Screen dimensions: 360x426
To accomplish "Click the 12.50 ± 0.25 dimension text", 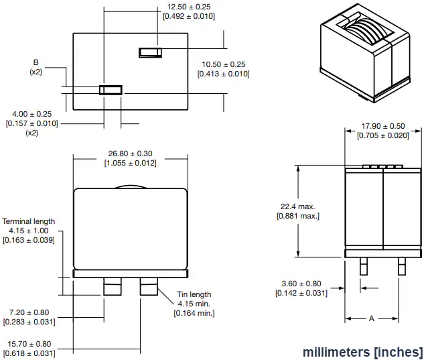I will point(190,6).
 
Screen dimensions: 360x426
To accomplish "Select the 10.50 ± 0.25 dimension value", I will point(223,64).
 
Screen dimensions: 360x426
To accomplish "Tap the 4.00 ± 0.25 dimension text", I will point(32,114).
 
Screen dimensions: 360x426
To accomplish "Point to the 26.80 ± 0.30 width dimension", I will point(131,154).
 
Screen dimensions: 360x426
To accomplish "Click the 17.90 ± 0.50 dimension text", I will point(383,126).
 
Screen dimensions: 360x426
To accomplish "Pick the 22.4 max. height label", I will point(297,206).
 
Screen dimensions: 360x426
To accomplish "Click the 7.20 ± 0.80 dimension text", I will point(29,312).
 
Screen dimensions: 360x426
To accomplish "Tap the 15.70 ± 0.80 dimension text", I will point(29,344).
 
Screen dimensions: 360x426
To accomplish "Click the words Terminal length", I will point(29,221).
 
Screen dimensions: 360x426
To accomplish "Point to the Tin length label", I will point(194,294).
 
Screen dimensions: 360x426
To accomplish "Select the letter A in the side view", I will point(372,319).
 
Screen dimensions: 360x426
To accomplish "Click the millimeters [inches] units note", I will point(362,352).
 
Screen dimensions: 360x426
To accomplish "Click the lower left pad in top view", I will point(111,90).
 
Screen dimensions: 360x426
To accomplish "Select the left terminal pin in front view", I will point(111,287).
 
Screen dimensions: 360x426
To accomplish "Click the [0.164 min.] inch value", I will point(194,312).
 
